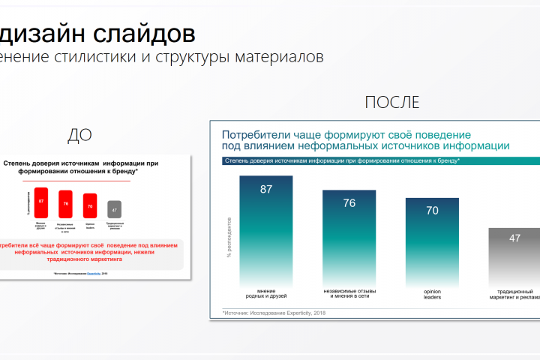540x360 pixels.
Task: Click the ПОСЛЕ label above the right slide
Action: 391,103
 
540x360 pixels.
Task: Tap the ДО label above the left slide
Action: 80,135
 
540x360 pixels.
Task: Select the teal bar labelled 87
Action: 265,226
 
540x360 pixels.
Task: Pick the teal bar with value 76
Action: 349,233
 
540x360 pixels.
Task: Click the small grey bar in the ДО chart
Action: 114,209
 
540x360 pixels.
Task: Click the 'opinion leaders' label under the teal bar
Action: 432,294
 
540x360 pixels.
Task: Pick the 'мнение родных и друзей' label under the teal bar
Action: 265,294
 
